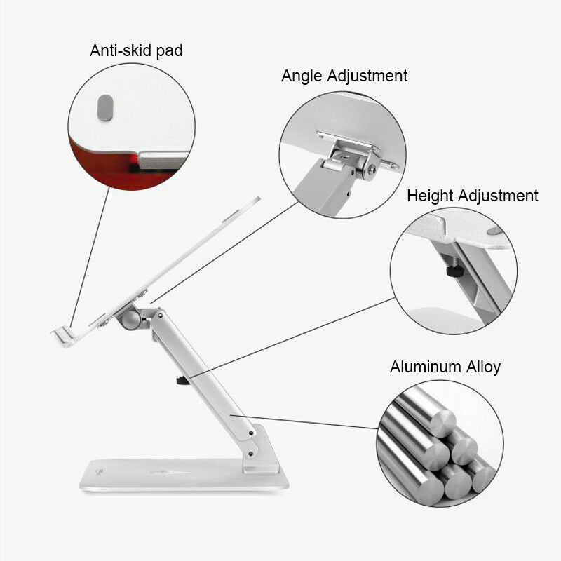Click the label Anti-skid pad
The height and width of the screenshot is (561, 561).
(136, 50)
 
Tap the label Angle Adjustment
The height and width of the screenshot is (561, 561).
(344, 76)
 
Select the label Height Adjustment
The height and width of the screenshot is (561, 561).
(472, 196)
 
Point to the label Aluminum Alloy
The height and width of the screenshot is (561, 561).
(445, 367)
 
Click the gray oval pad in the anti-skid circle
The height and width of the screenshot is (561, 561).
(105, 108)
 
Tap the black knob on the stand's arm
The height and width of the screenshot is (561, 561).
(183, 380)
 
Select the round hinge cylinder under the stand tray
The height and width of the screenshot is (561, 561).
(131, 320)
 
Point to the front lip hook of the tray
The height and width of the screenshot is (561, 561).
(64, 337)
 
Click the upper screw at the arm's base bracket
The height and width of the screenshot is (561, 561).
(252, 433)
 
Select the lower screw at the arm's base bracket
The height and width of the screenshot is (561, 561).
(251, 454)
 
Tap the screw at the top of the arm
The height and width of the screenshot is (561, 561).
(161, 315)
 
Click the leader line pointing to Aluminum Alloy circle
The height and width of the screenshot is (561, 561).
(304, 422)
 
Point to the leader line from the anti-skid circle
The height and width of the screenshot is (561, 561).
(90, 257)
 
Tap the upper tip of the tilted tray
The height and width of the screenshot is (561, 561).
(258, 198)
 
